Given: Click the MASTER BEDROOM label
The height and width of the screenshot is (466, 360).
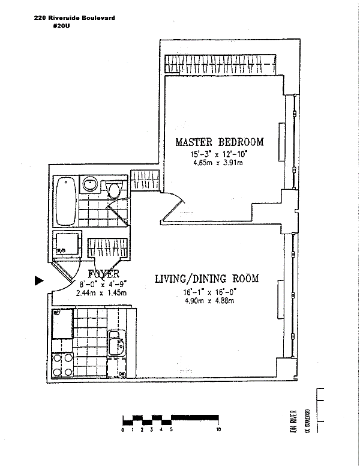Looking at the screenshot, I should point(219,142).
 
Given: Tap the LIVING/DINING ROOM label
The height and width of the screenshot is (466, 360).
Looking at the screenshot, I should point(206,279).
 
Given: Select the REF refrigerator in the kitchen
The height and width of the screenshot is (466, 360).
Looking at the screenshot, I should point(62,324).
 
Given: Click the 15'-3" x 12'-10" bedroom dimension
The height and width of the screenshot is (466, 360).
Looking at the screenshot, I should point(219,155).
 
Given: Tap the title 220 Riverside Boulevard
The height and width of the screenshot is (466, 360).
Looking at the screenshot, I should point(75,19).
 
